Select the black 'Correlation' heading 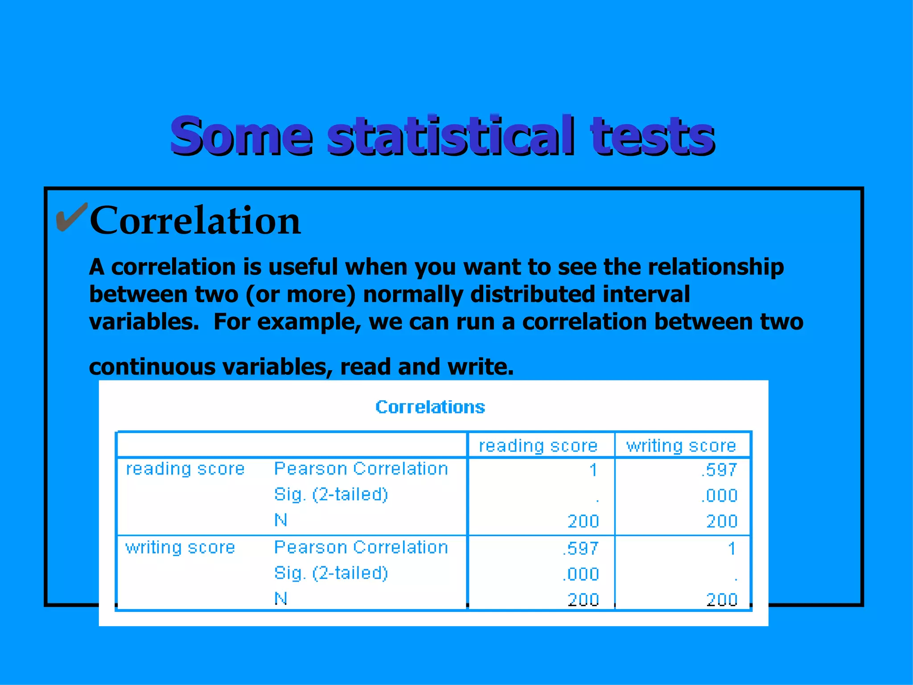195,220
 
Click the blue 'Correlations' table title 430,407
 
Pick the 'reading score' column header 538,446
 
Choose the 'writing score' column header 681,446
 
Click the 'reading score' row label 185,469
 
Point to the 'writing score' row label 180,548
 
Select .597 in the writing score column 719,470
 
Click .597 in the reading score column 580,549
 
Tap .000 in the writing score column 719,496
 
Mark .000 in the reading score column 580,574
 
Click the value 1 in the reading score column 593,470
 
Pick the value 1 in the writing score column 731,549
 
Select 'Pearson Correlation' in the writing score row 361,548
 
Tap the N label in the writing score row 280,598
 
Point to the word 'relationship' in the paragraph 716,267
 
